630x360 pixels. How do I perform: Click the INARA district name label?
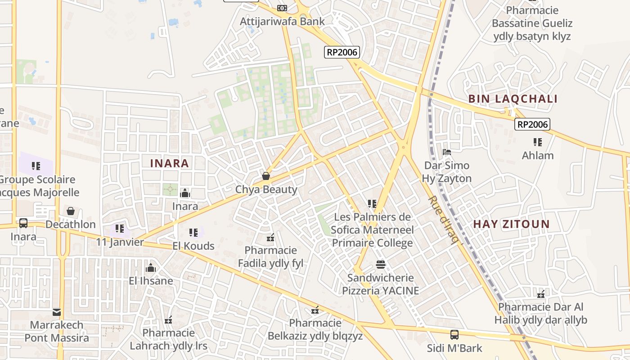tap(169, 163)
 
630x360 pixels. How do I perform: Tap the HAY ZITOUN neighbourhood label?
tap(511, 224)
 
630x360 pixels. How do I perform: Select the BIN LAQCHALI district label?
tap(513, 99)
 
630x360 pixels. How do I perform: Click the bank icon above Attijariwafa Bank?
tap(282, 8)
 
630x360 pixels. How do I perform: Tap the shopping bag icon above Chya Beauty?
tap(266, 176)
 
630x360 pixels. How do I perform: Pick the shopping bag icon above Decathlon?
tap(71, 211)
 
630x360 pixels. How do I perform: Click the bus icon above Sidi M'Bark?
tap(454, 335)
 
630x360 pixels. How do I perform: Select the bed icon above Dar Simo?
tap(447, 152)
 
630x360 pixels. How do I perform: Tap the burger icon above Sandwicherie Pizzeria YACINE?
tap(381, 264)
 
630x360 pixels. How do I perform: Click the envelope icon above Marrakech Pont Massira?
tap(57, 312)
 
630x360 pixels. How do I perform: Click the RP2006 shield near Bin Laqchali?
tap(533, 125)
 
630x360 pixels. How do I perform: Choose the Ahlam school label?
tap(537, 156)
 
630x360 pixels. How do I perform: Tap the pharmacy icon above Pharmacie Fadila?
tap(270, 238)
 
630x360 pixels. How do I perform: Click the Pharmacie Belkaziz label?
tap(315, 329)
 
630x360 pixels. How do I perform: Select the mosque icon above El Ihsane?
tap(151, 268)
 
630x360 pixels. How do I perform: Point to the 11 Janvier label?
tap(120, 242)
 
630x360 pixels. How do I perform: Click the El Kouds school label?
tap(193, 246)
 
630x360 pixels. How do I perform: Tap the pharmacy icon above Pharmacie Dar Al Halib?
tap(541, 294)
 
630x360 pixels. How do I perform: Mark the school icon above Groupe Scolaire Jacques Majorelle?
tap(36, 166)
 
